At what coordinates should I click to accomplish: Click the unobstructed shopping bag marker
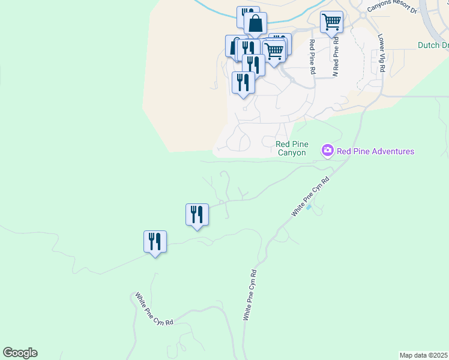click(x=255, y=25)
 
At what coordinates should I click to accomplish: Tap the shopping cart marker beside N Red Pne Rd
click(x=331, y=23)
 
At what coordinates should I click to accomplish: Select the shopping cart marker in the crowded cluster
click(x=274, y=52)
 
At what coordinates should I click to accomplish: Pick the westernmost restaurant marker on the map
click(x=155, y=242)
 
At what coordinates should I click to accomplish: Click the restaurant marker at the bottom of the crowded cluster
click(x=243, y=83)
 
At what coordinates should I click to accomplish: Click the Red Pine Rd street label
click(x=312, y=57)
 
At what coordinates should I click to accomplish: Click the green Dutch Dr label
click(x=433, y=45)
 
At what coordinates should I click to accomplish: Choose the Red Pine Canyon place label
click(x=291, y=148)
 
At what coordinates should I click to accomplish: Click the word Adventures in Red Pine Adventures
click(x=390, y=151)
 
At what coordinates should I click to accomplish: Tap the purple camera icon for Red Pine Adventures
click(x=327, y=150)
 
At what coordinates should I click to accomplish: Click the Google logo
click(x=20, y=353)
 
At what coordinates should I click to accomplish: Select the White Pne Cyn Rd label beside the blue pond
click(x=311, y=196)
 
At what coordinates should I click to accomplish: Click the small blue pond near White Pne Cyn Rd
click(x=309, y=208)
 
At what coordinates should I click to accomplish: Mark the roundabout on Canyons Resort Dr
click(x=361, y=16)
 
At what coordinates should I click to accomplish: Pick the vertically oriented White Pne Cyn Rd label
click(x=250, y=295)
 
